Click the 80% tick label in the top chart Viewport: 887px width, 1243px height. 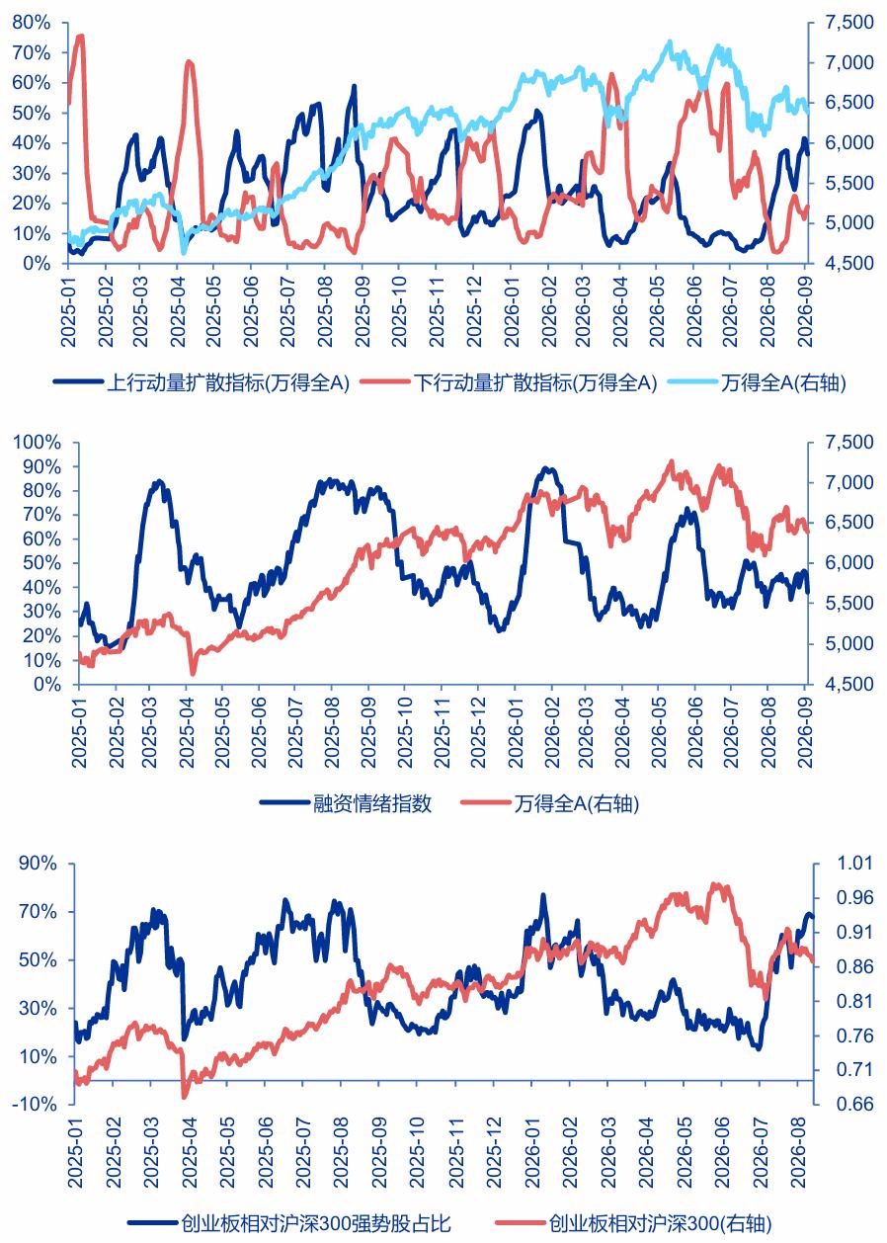(x=31, y=23)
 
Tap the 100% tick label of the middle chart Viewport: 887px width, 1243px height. (x=37, y=443)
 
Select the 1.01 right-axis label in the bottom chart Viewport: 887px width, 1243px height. (x=853, y=863)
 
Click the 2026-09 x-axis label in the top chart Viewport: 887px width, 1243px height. (x=804, y=310)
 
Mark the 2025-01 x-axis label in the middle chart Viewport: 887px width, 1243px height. (x=79, y=731)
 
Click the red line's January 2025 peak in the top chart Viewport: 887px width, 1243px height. (x=81, y=37)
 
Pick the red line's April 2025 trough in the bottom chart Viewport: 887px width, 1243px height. (x=186, y=1097)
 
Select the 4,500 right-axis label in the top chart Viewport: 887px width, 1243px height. (x=849, y=263)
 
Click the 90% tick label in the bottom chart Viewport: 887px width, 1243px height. (x=38, y=863)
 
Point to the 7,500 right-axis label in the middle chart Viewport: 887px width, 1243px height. (x=849, y=443)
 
